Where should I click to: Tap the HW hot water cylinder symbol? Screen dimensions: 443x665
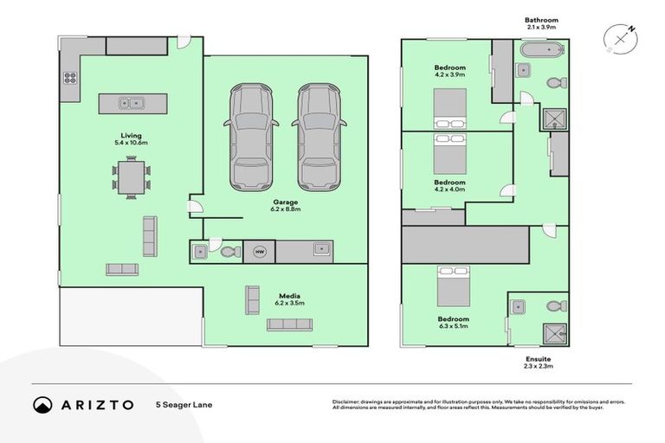click(x=259, y=251)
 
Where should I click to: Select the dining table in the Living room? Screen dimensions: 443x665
click(x=131, y=178)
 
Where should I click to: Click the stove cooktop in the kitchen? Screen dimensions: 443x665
click(x=69, y=78)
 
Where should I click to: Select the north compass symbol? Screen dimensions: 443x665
click(x=620, y=39)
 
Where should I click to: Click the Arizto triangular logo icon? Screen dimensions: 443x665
click(x=42, y=405)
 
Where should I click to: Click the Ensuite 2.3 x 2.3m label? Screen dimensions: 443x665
click(x=538, y=362)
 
